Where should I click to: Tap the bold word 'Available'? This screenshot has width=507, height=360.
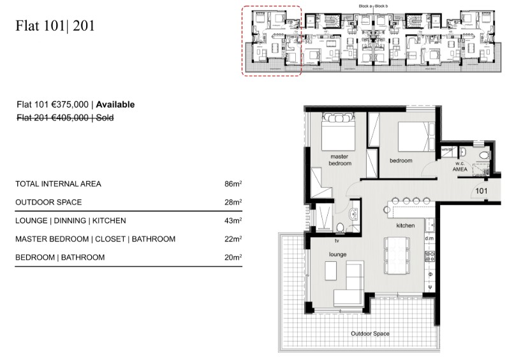(x=115, y=104)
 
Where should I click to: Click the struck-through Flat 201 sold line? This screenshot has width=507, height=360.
(x=64, y=117)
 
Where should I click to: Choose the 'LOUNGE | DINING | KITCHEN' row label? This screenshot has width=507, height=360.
(x=70, y=220)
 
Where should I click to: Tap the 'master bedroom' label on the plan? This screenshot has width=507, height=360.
(x=340, y=160)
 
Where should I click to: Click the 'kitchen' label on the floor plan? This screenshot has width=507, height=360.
(x=406, y=226)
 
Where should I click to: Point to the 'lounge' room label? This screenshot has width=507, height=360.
(x=337, y=254)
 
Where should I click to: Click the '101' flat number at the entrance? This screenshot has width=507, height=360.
(x=482, y=190)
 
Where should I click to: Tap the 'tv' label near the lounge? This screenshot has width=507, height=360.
(x=337, y=241)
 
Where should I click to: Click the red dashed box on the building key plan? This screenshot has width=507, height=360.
(x=271, y=41)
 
